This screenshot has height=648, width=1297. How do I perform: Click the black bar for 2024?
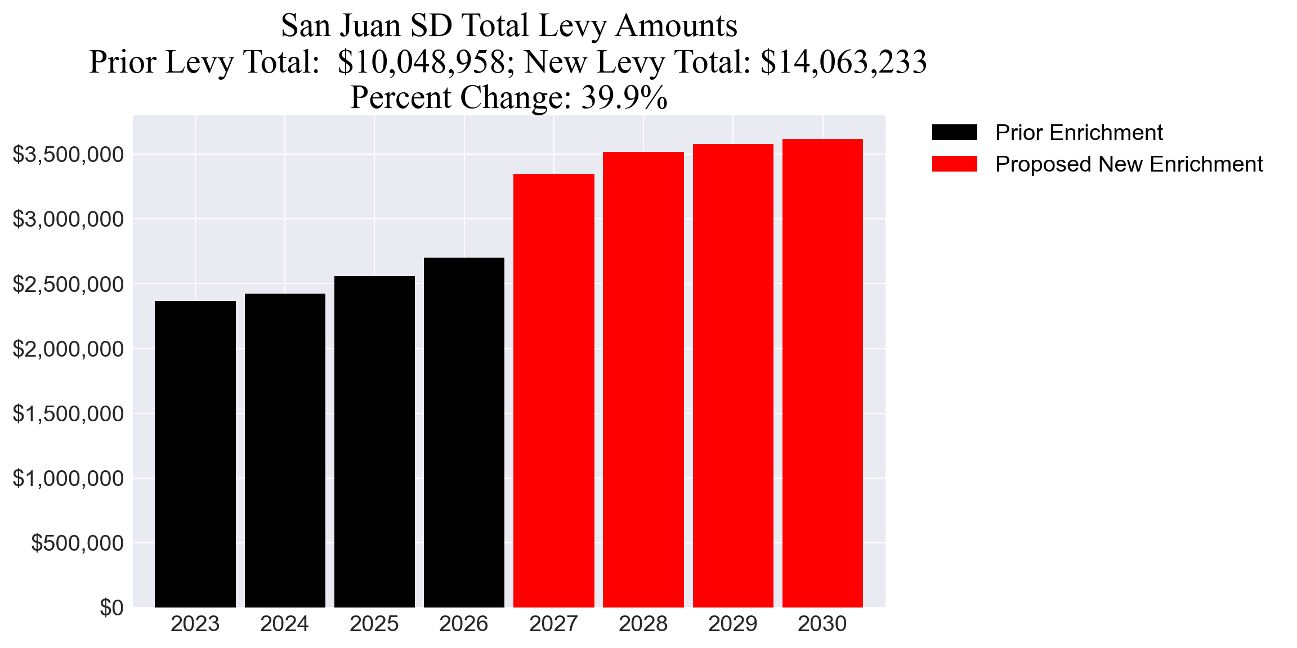pos(285,450)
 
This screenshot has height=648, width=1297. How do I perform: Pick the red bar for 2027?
pos(553,390)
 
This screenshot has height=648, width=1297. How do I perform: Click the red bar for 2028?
pos(643,379)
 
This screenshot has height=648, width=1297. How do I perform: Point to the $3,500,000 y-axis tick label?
pos(68,154)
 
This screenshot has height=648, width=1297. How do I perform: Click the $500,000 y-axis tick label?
pos(77,543)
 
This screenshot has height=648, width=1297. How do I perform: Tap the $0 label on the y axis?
pos(111,608)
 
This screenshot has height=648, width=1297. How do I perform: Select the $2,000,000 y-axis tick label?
pos(68,349)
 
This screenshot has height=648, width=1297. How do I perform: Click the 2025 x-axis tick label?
pos(374,624)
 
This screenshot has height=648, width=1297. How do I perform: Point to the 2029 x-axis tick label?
pos(732,624)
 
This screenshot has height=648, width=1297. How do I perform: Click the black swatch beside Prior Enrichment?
pos(954,133)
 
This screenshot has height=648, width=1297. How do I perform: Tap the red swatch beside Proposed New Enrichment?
pos(954,164)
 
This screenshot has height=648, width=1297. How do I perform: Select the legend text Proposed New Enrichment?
pos(1129,164)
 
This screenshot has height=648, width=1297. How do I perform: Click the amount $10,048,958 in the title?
pos(422,62)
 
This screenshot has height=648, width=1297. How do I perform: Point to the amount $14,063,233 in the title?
pos(843,62)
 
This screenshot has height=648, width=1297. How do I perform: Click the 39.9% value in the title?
pos(624,97)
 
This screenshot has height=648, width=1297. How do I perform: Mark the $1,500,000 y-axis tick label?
pos(68,414)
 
